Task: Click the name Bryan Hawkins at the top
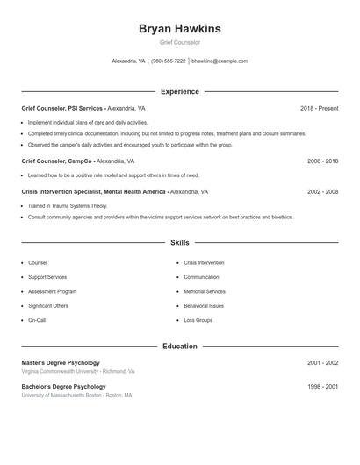click(x=179, y=29)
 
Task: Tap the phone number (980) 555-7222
click(x=168, y=61)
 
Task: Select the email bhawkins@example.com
click(x=220, y=61)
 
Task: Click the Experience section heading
click(x=179, y=91)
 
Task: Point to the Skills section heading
click(x=179, y=242)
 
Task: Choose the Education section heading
click(x=179, y=347)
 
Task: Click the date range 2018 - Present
click(x=319, y=108)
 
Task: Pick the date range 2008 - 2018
click(x=322, y=161)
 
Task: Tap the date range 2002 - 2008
click(x=322, y=191)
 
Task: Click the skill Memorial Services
click(x=204, y=291)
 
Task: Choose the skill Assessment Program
click(x=52, y=291)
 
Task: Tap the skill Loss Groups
click(x=198, y=320)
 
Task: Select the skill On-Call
click(x=37, y=320)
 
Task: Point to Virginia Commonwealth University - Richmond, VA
click(x=78, y=371)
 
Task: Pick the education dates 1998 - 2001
click(x=322, y=386)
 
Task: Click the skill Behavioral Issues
click(x=204, y=306)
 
